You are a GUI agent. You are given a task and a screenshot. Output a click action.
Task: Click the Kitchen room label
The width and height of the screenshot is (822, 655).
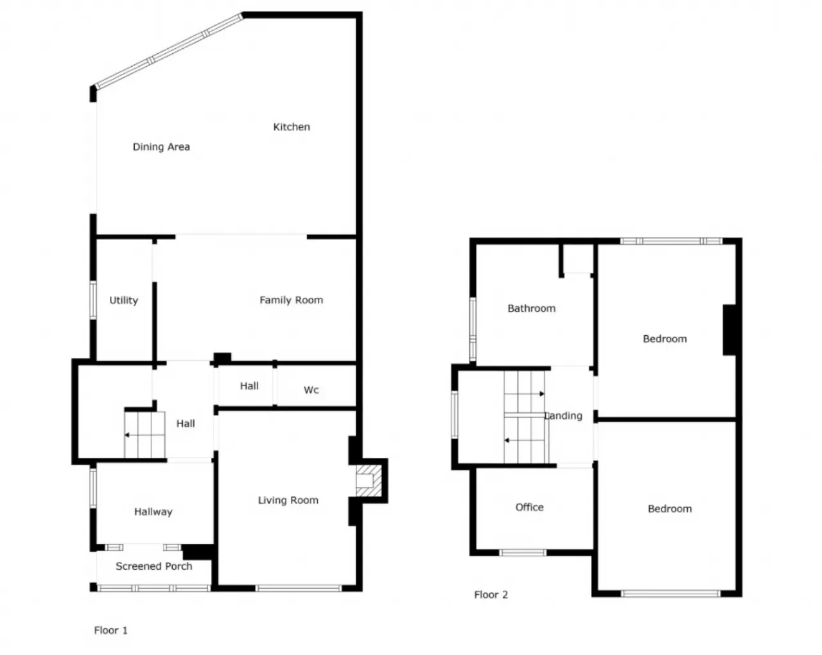292,127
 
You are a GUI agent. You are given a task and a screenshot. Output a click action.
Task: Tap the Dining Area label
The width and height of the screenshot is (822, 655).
161,147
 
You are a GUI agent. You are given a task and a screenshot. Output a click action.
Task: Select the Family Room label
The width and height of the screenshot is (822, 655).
292,300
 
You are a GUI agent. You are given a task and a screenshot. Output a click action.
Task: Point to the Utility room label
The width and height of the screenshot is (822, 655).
124,301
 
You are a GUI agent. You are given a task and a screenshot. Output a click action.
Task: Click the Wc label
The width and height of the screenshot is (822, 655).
311,390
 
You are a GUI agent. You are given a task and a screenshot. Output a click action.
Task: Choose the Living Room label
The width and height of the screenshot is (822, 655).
288,500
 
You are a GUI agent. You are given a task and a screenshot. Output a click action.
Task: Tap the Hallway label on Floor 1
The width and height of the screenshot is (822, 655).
153,512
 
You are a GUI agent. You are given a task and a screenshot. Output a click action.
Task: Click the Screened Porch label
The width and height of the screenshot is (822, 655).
154,566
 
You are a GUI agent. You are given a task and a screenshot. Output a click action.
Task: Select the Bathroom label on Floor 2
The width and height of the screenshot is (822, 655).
531,309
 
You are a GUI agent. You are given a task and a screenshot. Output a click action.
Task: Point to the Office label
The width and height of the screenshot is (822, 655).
529,507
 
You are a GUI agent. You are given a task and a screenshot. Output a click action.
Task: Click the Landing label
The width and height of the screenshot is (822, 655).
563,416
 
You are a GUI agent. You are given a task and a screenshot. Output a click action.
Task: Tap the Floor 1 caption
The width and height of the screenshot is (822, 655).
110,630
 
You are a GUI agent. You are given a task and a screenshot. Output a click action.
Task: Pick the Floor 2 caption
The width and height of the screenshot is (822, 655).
491,595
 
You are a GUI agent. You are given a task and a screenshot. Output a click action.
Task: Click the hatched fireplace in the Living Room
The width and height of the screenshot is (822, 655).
369,480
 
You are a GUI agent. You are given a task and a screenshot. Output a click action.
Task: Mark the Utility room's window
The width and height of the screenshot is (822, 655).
93,300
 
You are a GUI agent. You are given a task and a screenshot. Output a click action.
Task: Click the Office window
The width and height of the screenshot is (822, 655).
523,553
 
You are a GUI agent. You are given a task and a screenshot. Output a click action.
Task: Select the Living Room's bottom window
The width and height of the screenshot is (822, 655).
299,588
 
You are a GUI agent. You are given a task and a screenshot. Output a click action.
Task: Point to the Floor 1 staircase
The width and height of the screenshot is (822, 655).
144,435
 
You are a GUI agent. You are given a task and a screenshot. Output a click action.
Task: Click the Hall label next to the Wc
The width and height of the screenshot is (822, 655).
249,386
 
